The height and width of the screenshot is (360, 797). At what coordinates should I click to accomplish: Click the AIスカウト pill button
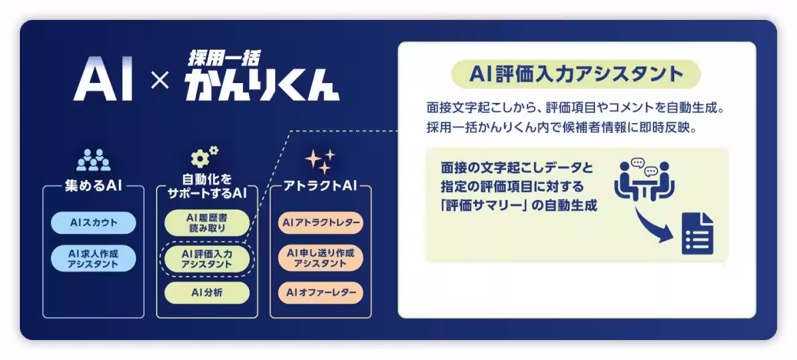(93, 223)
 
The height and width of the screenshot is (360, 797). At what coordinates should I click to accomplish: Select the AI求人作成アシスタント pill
(93, 258)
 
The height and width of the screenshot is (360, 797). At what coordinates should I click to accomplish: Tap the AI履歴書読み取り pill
(207, 223)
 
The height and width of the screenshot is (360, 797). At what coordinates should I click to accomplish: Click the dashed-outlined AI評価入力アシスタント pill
(207, 258)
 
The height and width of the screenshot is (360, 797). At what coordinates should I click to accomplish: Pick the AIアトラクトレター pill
(321, 223)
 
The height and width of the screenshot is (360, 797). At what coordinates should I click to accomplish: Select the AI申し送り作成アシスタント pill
(321, 258)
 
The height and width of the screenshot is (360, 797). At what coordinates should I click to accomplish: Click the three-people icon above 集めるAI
(93, 159)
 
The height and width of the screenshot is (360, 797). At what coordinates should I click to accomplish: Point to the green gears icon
(204, 156)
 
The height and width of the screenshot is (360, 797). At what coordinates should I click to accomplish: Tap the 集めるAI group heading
(93, 187)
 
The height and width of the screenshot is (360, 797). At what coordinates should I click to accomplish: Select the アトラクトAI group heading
(321, 187)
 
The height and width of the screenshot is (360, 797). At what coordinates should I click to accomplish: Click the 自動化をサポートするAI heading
(207, 187)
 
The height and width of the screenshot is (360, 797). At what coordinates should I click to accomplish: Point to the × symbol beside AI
(160, 81)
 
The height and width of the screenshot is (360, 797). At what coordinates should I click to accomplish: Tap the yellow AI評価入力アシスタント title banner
(575, 74)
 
